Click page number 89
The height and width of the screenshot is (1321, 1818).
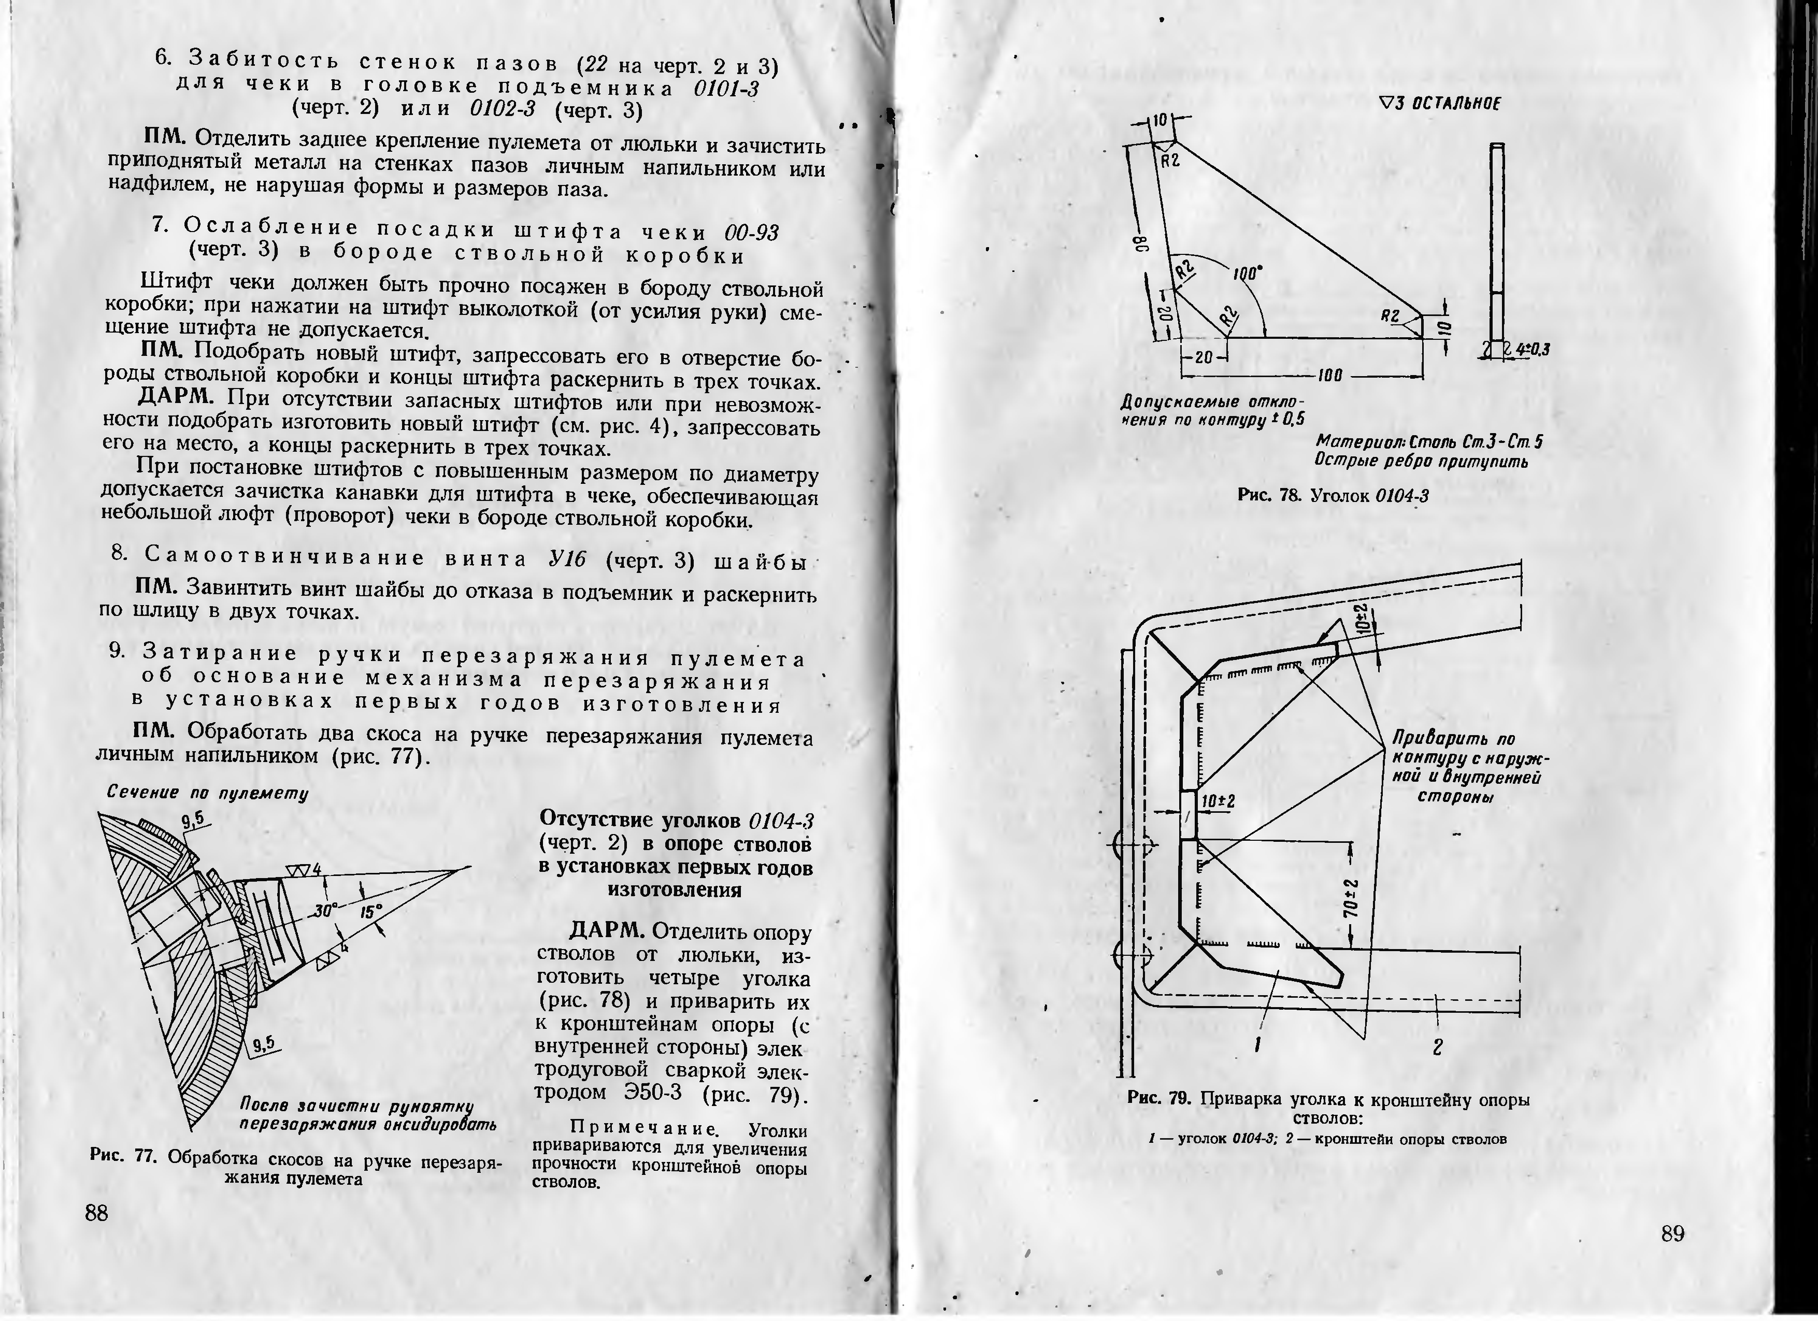click(1671, 1233)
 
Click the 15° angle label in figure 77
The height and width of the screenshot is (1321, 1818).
click(371, 911)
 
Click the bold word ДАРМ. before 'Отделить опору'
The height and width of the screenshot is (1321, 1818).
click(606, 931)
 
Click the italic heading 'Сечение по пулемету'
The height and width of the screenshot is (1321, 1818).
click(208, 793)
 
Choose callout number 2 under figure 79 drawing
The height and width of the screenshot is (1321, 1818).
click(1437, 1047)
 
